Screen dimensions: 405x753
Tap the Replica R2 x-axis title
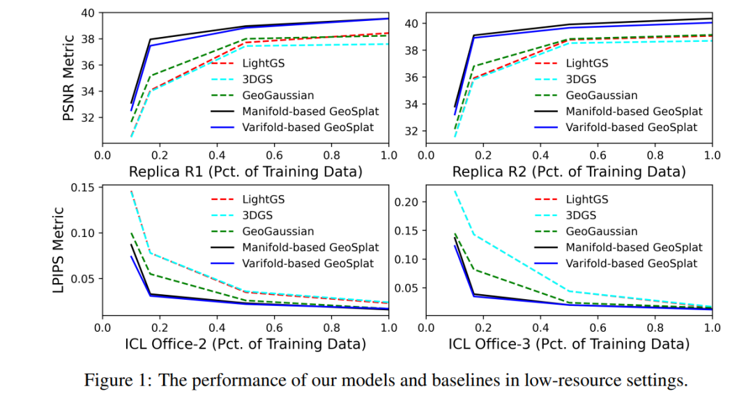tap(568, 171)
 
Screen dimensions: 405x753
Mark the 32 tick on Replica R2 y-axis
tap(411, 131)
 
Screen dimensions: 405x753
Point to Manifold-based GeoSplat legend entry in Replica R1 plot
tap(310, 112)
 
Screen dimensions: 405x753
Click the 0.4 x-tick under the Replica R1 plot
tap(217, 154)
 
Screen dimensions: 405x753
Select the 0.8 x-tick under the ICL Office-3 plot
tap(655, 326)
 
